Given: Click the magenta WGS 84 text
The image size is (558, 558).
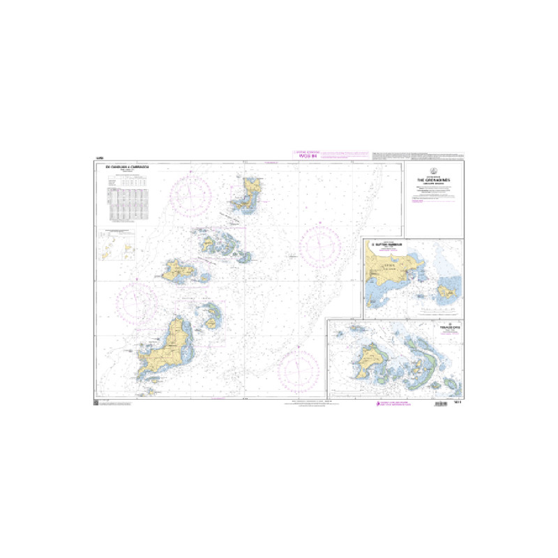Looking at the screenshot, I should click(308, 156).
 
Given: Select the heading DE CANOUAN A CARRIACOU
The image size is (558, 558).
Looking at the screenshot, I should click(127, 167).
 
